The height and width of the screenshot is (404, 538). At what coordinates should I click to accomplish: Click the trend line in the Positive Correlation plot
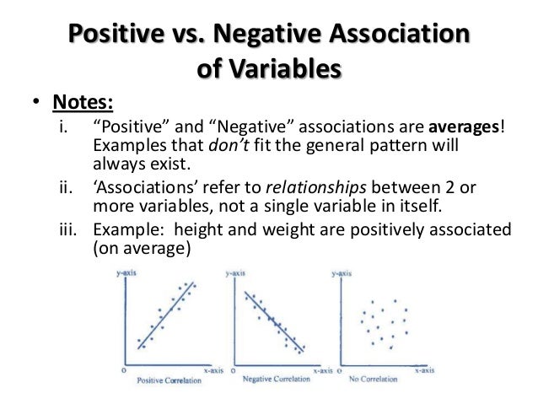click(x=165, y=316)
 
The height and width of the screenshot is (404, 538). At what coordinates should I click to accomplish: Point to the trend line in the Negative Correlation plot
click(x=272, y=321)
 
